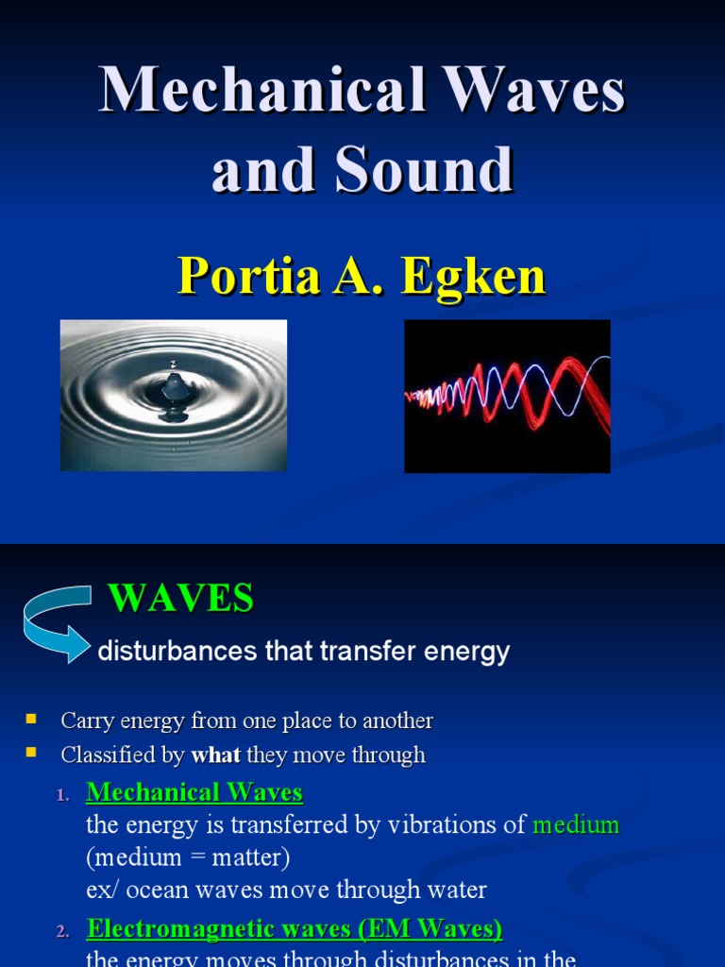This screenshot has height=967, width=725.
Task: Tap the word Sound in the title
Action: click(434, 170)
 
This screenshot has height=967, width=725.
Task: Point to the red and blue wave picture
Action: click(507, 396)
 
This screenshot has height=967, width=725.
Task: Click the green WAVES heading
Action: click(180, 599)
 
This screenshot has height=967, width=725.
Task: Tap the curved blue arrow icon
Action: click(57, 623)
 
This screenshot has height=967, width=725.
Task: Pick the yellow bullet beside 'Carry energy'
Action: click(31, 720)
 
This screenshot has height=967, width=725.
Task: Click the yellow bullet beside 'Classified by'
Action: click(31, 754)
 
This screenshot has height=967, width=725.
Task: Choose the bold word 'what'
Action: click(215, 755)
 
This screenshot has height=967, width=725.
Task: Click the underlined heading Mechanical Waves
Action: click(194, 791)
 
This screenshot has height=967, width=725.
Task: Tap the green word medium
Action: click(576, 824)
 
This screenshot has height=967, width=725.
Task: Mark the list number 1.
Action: click(62, 795)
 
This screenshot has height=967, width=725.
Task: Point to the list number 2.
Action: click(62, 932)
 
